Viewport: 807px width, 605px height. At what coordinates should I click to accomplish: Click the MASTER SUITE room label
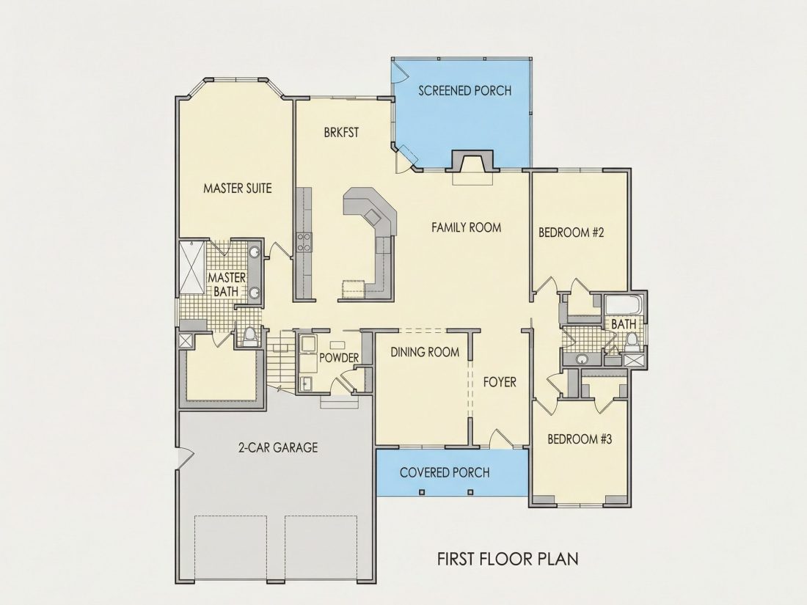(237, 188)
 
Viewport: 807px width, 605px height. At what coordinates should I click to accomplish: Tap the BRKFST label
(341, 133)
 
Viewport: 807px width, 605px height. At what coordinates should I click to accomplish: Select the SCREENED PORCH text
(464, 91)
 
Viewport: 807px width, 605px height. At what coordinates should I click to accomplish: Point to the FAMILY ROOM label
(467, 227)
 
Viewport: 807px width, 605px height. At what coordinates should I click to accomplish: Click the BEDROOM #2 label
(572, 232)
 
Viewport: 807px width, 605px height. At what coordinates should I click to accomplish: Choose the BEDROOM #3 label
(580, 439)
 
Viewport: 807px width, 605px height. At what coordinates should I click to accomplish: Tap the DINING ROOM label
(425, 353)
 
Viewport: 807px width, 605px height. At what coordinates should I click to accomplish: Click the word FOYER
(499, 382)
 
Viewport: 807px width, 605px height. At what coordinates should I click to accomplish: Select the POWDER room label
(339, 358)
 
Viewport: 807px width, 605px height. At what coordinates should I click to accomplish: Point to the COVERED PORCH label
(445, 472)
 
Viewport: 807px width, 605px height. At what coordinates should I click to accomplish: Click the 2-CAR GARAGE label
(278, 447)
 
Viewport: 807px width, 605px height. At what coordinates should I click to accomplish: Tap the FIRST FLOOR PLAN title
(508, 559)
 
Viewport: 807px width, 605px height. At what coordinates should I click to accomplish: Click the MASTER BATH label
(227, 285)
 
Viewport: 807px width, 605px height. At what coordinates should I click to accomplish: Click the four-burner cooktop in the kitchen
(303, 242)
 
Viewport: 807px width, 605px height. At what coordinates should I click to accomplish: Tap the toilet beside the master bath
(249, 337)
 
